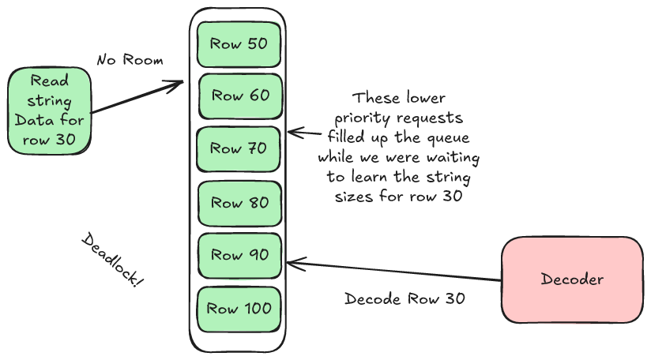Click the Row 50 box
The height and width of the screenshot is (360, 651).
pos(239,44)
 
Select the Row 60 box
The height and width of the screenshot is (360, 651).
pos(239,96)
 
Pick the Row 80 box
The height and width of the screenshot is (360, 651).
pos(239,203)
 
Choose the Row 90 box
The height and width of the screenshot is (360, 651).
pos(239,256)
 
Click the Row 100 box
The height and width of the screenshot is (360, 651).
pos(239,309)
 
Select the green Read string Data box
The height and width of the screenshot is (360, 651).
pos(49,111)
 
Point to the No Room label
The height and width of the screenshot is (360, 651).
pos(130,60)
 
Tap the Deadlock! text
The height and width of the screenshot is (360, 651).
pos(113,261)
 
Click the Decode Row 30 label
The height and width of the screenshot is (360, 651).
pos(405,299)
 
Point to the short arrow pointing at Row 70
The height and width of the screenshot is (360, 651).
pos(300,133)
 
